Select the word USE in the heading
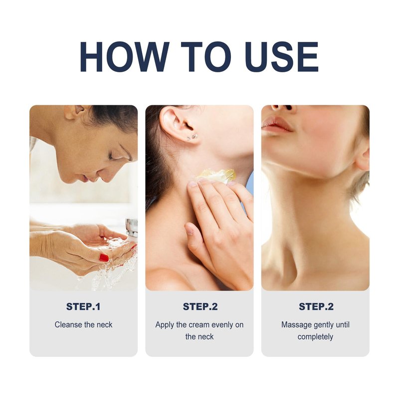coord(282,57)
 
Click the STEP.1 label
coord(83,307)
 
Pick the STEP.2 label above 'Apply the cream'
coord(200,307)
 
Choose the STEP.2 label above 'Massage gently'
coord(316,307)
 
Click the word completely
coord(315,337)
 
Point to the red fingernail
coord(104,257)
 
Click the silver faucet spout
coord(132,227)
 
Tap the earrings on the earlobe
coord(193,137)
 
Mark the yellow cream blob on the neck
coord(216,176)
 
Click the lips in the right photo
coord(276,125)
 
